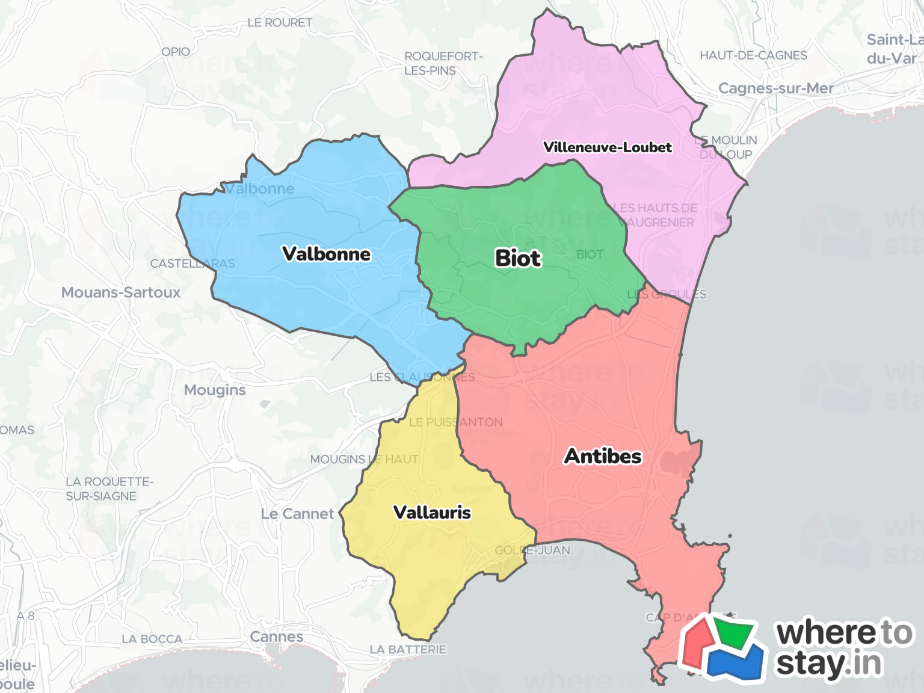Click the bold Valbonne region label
pyautogui.click(x=327, y=254)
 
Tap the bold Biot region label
pyautogui.click(x=518, y=258)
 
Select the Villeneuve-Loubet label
pyautogui.click(x=607, y=147)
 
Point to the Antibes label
pyautogui.click(x=603, y=456)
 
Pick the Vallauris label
pyautogui.click(x=432, y=513)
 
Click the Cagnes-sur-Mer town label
pyautogui.click(x=776, y=88)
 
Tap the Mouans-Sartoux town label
pyautogui.click(x=121, y=292)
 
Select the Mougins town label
pyautogui.click(x=215, y=390)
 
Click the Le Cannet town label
pyautogui.click(x=297, y=514)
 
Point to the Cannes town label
pyautogui.click(x=277, y=636)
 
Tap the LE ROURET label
pyautogui.click(x=280, y=23)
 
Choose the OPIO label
pyautogui.click(x=176, y=52)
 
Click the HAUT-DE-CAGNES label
pyautogui.click(x=753, y=55)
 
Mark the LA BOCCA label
pyautogui.click(x=152, y=639)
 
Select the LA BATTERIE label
pyautogui.click(x=408, y=650)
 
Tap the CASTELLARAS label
pyautogui.click(x=192, y=263)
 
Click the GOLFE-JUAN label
pyautogui.click(x=532, y=550)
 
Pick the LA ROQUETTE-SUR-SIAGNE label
pyautogui.click(x=109, y=488)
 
